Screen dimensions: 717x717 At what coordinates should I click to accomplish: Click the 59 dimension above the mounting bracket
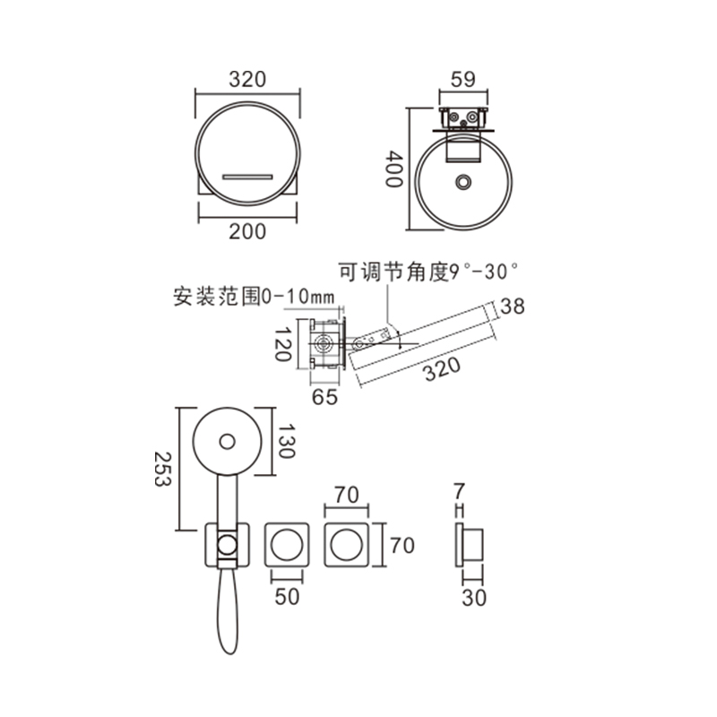point(462,79)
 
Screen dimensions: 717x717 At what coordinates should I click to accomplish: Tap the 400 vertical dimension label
point(393,169)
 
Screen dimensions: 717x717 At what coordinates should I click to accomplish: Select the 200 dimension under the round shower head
point(247,232)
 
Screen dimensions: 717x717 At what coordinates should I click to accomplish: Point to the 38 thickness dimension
point(512,307)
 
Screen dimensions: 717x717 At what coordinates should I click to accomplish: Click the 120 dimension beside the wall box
point(282,344)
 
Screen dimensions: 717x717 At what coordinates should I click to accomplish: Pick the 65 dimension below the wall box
point(324,397)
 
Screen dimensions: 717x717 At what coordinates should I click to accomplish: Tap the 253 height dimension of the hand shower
point(162,469)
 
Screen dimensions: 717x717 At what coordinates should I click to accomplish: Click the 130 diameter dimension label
point(286,441)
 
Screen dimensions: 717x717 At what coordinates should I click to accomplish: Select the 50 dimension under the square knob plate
point(287,596)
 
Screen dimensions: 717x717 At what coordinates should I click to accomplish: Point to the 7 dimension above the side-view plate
point(460,491)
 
